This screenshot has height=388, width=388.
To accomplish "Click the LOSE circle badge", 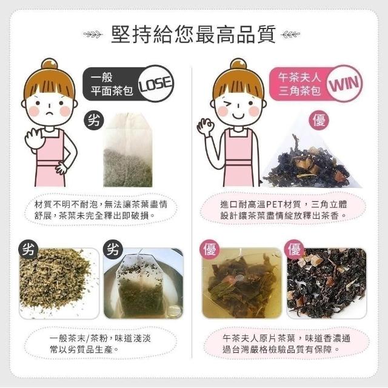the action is click(155, 84).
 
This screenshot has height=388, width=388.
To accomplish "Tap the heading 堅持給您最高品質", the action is click(193, 34).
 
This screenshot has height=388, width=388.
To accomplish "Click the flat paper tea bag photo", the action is click(128, 150).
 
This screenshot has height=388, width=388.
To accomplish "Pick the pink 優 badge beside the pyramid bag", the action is click(319, 121).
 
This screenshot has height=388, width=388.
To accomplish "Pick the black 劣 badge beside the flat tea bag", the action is click(93, 121).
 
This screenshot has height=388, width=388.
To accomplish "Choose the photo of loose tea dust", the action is click(59, 283).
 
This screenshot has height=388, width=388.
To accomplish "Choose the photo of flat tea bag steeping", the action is click(144, 283).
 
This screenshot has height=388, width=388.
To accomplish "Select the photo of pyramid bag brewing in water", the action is click(242, 283).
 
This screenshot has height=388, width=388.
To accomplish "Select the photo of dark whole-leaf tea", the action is click(326, 283).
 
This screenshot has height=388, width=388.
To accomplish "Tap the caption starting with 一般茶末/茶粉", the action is click(100, 344).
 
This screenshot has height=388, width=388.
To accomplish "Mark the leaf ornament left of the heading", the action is click(93, 34).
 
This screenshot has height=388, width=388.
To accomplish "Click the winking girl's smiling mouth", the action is click(238, 115).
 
